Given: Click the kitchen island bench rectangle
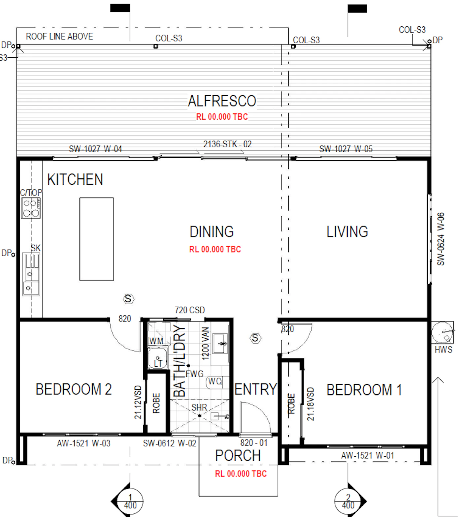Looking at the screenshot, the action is point(97,239).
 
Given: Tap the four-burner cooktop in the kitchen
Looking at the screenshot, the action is point(31,208).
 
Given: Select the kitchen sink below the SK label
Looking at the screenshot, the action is point(31,274).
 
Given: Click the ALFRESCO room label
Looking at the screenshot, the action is point(222,101).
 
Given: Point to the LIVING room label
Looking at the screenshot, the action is point(347,232).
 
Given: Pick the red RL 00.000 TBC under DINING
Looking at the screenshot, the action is point(215,249).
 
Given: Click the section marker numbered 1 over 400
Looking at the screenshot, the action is point(130,501).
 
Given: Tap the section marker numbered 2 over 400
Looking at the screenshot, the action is point(349,501).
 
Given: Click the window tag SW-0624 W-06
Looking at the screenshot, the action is point(441,239).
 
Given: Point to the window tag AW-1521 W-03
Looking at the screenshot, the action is point(83,443).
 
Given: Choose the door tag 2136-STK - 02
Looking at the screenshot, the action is point(227,144).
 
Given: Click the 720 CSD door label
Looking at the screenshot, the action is point(190,310).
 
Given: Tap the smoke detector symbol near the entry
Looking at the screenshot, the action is point(255,338).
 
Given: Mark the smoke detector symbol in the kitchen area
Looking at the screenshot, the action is point(128,299).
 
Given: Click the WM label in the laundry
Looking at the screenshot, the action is point(156,341).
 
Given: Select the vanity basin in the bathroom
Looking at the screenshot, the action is point(220,344).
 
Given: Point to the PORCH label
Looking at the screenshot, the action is point(238,456).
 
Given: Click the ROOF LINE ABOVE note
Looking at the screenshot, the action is point(59,37).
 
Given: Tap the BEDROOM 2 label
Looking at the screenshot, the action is point(74,389).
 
